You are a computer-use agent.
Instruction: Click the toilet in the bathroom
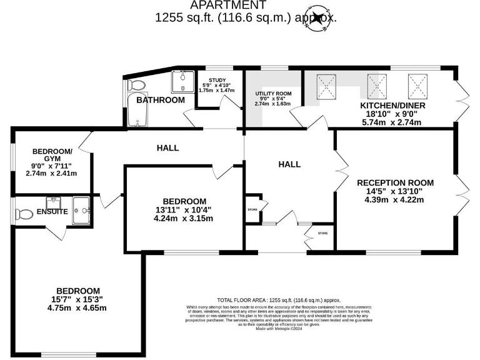point(136,85)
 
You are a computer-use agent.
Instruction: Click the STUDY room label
point(217,80)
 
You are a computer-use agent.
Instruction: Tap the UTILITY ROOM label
point(273,92)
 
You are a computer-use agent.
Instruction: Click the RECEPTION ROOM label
point(395,182)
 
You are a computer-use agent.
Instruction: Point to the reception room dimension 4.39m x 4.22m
point(395,200)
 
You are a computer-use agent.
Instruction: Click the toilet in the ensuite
point(24,214)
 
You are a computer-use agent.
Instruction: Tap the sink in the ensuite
point(55,201)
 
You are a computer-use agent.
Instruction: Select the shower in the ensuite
point(81,210)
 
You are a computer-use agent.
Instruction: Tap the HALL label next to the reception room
point(289,164)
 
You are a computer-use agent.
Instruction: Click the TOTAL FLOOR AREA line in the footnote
point(279,300)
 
